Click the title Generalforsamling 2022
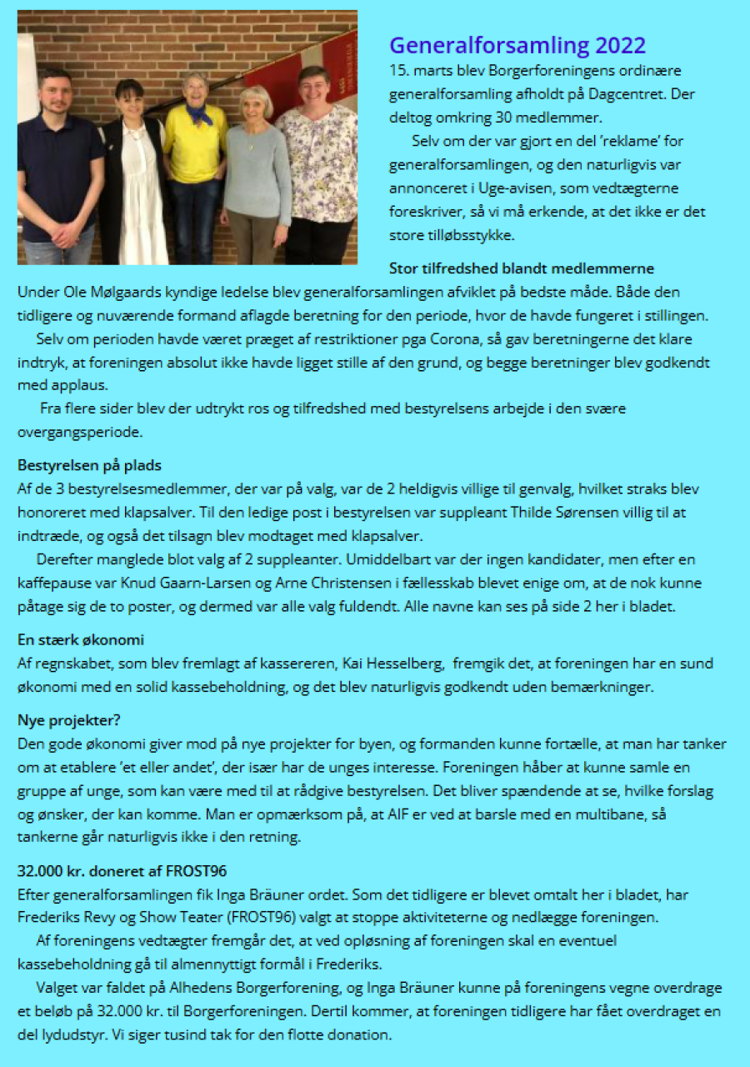click(x=517, y=45)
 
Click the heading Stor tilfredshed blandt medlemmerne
click(x=521, y=268)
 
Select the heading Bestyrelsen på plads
click(x=89, y=465)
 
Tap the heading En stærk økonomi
click(x=81, y=640)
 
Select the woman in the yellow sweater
click(x=195, y=158)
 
